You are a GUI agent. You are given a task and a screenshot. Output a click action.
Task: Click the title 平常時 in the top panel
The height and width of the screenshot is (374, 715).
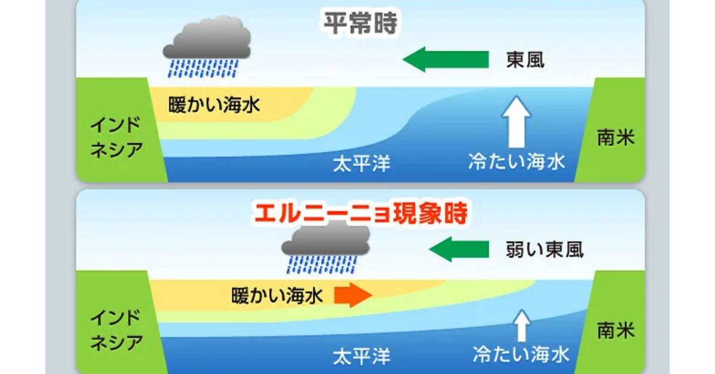tap(360, 23)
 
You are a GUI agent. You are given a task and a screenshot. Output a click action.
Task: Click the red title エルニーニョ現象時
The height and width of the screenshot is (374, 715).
tap(361, 213)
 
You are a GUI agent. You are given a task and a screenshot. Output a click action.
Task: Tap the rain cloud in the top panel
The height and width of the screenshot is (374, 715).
tap(207, 46)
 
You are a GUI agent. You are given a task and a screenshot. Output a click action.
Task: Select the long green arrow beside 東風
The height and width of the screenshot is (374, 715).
tap(446, 60)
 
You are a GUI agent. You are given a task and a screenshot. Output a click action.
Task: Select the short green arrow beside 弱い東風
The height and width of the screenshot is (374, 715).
tap(459, 249)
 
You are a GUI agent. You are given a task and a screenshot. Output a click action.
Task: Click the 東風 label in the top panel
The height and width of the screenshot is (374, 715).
tap(526, 60)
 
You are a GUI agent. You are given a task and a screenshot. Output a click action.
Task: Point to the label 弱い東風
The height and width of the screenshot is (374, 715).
tap(545, 250)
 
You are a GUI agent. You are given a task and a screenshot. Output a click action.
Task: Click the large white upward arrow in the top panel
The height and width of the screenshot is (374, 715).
tap(517, 122)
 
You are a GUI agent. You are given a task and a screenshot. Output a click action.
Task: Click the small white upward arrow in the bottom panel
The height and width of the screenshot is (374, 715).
tap(522, 326)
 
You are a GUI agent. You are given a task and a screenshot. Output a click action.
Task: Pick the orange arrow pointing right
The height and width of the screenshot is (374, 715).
tap(353, 295)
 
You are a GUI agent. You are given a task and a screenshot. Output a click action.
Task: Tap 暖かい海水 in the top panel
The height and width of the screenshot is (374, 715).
tap(214, 105)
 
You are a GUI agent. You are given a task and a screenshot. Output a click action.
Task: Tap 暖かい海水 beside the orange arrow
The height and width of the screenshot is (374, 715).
tap(277, 295)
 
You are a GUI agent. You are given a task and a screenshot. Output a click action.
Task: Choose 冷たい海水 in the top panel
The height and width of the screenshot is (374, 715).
tap(517, 161)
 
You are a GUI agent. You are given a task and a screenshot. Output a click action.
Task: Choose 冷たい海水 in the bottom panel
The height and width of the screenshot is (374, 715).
tap(521, 354)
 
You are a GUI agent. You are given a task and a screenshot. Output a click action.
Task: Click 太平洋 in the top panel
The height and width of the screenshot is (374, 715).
tap(362, 164)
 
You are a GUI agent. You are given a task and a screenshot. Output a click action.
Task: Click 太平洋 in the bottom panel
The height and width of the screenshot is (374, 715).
tap(362, 357)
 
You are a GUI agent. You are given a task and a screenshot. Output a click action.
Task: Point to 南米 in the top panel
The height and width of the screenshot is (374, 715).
tap(615, 138)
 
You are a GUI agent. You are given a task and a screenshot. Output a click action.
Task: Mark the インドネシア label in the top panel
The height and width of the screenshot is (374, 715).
tap(116, 137)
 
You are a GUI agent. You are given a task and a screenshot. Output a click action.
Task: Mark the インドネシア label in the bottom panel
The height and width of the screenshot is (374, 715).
tap(116, 330)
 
